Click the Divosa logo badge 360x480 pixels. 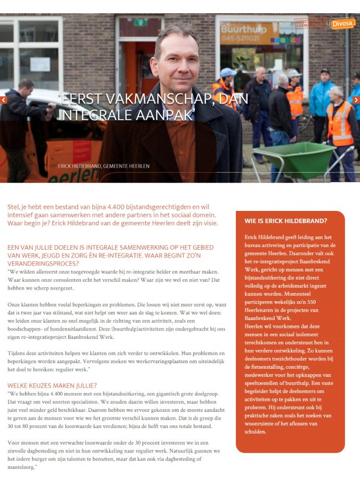342,23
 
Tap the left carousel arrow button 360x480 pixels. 3,100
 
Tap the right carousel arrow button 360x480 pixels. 356,100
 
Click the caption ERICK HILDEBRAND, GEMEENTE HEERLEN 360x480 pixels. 104,166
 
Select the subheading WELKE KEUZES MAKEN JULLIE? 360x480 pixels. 53,386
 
